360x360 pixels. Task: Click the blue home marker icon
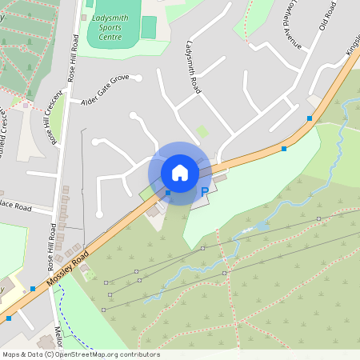click(x=180, y=173)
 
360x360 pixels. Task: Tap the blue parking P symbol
click(x=205, y=192)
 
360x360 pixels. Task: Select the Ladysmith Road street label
click(x=193, y=69)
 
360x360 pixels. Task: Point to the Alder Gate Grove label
click(x=105, y=90)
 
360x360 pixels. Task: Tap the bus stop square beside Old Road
click(x=310, y=118)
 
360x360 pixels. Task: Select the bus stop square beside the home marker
click(x=168, y=193)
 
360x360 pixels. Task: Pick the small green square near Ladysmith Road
click(x=202, y=130)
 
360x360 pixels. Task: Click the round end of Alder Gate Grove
click(x=138, y=78)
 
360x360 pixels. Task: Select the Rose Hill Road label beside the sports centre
click(x=72, y=58)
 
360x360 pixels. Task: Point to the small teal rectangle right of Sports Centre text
click(x=149, y=27)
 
